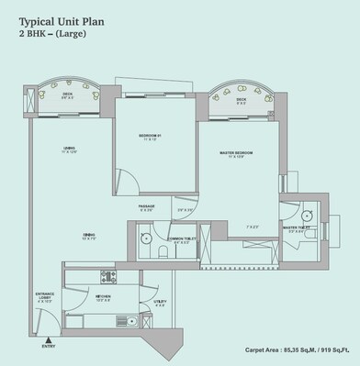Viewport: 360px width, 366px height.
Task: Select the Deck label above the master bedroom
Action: pyautogui.click(x=242, y=101)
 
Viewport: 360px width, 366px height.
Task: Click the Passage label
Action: pyautogui.click(x=147, y=207)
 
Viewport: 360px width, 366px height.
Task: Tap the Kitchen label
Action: pyautogui.click(x=105, y=297)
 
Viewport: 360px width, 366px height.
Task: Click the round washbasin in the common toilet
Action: pyautogui.click(x=144, y=237)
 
